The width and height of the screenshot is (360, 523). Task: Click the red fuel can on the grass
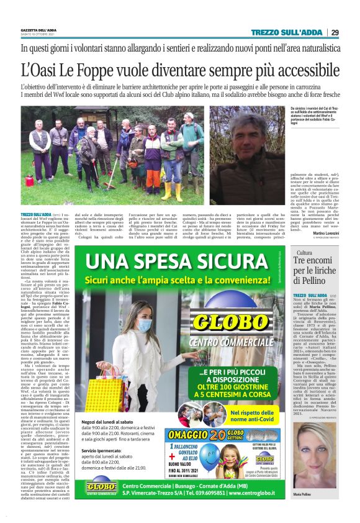coord(30,181)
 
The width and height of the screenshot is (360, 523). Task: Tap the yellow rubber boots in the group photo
coord(172,189)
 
